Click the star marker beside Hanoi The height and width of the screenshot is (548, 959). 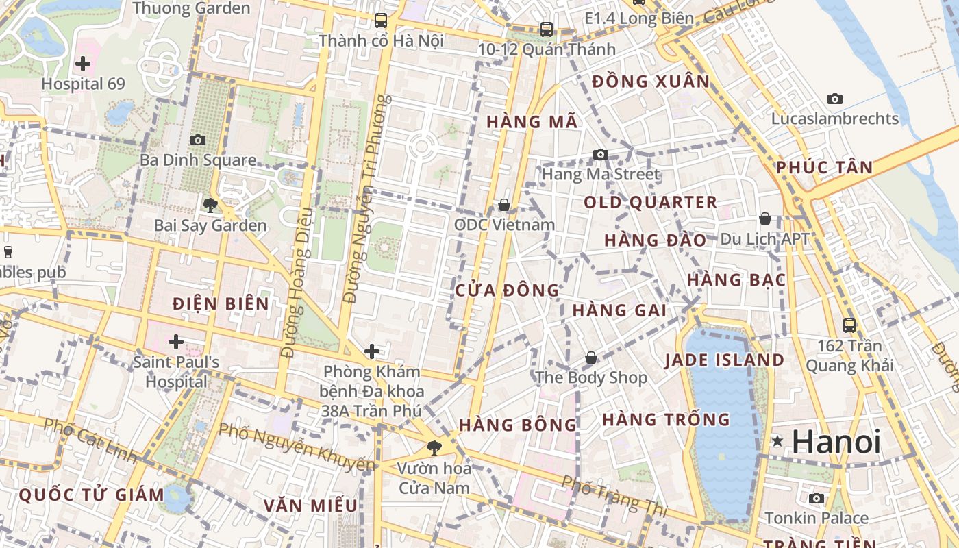click(777, 441)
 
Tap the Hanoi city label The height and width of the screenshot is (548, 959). click(836, 443)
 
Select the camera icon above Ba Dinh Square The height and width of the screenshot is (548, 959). click(198, 140)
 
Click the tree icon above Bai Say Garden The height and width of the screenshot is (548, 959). click(210, 204)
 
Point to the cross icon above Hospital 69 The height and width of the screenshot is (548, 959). click(83, 64)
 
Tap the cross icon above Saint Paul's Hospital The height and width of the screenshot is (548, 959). click(176, 341)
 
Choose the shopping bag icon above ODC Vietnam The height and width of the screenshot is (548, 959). click(504, 205)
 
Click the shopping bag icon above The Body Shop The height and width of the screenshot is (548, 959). click(590, 358)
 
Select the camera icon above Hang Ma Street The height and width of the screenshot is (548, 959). click(601, 154)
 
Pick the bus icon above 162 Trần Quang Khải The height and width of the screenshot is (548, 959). click(849, 325)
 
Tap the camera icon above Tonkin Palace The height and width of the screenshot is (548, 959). click(817, 498)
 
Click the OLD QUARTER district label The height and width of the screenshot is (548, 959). click(650, 203)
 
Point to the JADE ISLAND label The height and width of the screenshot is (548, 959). click(724, 360)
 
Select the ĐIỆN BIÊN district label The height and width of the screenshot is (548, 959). click(221, 303)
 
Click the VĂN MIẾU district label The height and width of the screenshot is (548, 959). click(310, 506)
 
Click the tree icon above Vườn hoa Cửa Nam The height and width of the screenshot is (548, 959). click(434, 448)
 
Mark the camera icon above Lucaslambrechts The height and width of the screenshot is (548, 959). click(834, 99)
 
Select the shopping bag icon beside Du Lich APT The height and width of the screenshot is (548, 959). click(765, 219)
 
